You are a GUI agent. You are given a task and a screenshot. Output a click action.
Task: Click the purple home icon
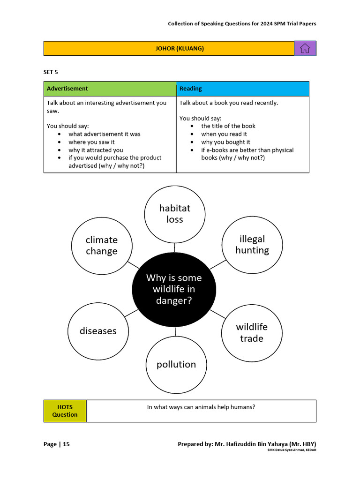click(x=305, y=48)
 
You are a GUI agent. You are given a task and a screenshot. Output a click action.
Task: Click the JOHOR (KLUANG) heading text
click(x=180, y=48)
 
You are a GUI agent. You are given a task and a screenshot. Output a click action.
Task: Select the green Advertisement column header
click(x=110, y=89)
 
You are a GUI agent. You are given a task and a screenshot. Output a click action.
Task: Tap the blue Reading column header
click(x=243, y=89)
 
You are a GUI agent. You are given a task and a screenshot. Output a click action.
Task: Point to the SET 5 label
click(x=51, y=72)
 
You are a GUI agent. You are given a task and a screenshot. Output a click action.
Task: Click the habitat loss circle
click(x=174, y=214)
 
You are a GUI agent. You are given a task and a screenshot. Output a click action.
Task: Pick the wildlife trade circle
click(x=252, y=332)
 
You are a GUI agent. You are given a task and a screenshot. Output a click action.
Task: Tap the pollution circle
click(x=176, y=364)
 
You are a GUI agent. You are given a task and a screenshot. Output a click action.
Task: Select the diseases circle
click(x=98, y=331)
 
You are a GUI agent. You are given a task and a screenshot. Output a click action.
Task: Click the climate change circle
click(x=102, y=246)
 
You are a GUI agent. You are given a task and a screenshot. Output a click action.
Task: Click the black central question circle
click(x=174, y=290)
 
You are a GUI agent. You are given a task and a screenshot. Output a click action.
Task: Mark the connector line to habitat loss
click(x=174, y=247)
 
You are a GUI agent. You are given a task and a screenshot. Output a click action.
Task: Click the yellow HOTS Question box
click(x=65, y=411)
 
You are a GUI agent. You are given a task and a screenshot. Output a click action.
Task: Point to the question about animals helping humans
click(x=201, y=407)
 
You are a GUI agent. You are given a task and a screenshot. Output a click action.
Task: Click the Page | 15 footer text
click(x=57, y=444)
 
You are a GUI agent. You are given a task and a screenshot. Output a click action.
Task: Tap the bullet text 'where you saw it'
click(x=91, y=142)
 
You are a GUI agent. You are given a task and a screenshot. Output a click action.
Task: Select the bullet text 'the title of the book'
click(x=228, y=126)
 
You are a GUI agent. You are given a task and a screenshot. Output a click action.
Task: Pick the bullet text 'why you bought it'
click(x=225, y=142)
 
